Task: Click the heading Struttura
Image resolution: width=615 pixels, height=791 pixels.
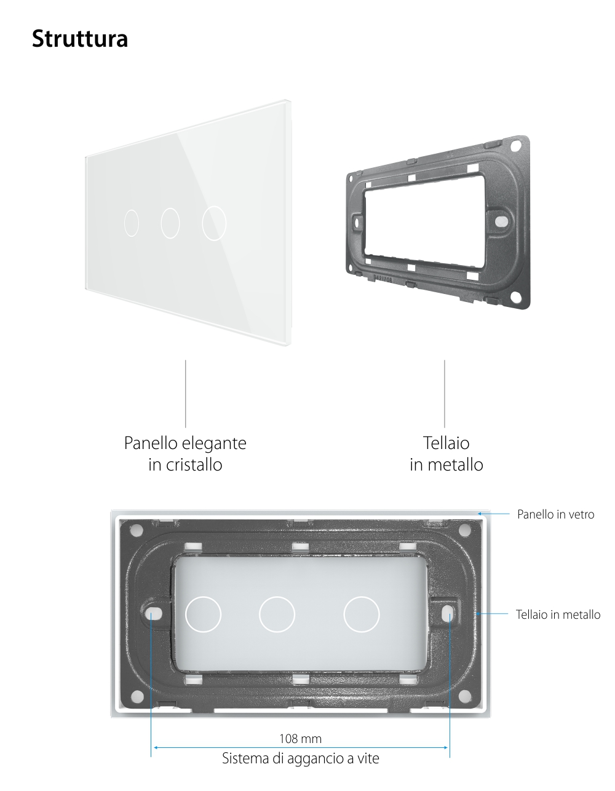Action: tap(79, 39)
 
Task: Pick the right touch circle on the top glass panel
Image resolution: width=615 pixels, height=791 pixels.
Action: tap(214, 222)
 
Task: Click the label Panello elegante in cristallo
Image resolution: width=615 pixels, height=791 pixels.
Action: tap(185, 453)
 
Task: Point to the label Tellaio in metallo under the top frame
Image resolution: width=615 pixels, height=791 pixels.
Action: tap(446, 453)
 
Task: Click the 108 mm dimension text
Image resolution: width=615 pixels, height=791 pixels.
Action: tap(300, 738)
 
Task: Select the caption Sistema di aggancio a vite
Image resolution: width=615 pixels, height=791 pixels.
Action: tap(300, 758)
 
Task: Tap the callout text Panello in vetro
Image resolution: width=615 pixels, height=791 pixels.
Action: tap(555, 514)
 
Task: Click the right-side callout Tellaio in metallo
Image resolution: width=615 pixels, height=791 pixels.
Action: tap(558, 614)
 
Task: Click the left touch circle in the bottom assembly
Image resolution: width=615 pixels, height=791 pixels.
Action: tap(203, 614)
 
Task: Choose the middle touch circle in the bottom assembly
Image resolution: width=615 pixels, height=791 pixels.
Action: tap(277, 614)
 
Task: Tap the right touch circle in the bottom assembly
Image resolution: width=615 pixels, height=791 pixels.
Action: tap(362, 614)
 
